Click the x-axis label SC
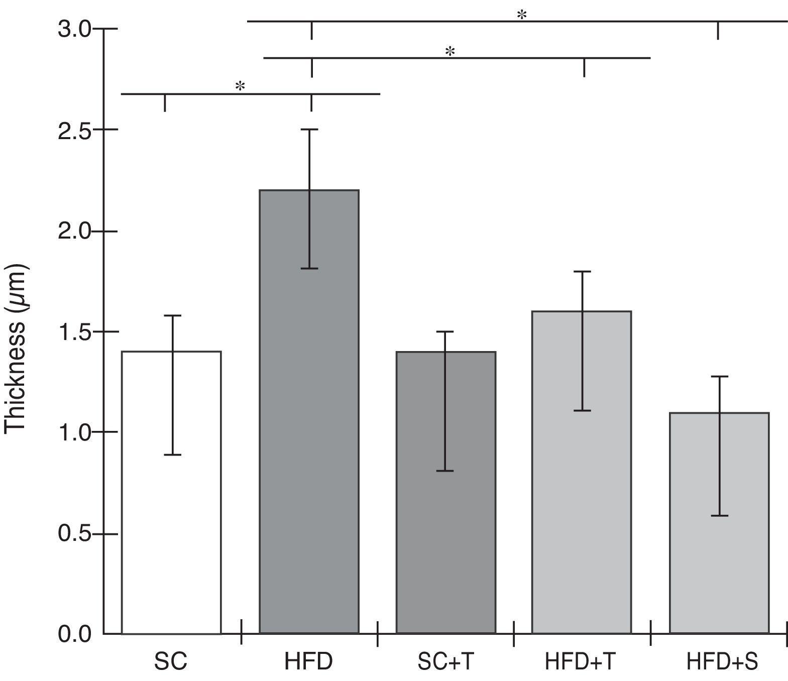(x=171, y=661)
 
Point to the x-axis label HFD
(x=308, y=661)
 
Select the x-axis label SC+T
(x=445, y=661)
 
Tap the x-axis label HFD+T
(x=580, y=661)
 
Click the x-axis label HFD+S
(x=722, y=661)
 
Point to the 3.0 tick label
(x=74, y=29)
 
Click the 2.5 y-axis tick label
(x=74, y=130)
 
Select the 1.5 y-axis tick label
(x=74, y=332)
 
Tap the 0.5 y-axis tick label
(x=74, y=534)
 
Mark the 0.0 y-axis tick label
(x=74, y=634)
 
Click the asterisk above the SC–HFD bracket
(x=240, y=87)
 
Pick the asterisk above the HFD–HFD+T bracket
(x=450, y=51)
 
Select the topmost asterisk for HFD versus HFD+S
(x=522, y=15)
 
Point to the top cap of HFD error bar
(x=309, y=130)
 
